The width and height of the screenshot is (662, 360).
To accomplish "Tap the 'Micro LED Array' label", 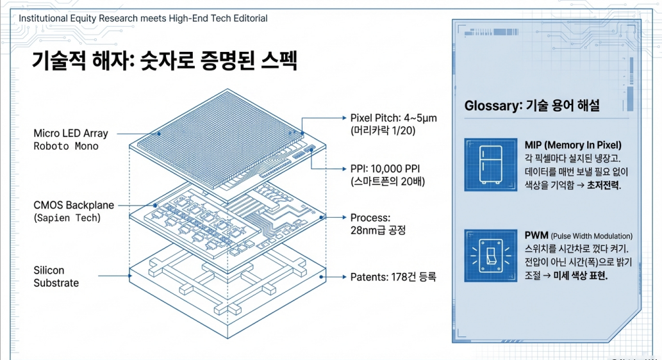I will click(70, 133).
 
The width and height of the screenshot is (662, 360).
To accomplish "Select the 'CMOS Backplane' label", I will click(74, 206).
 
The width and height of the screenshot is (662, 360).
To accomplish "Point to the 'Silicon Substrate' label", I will click(56, 277).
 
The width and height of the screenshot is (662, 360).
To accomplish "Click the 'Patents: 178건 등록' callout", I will click(393, 277).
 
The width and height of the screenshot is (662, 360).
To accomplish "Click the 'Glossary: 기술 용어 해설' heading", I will click(532, 106).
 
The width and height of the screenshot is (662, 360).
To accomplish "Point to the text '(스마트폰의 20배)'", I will click(386, 181).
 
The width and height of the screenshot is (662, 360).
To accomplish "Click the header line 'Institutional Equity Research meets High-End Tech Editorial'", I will click(144, 18).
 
